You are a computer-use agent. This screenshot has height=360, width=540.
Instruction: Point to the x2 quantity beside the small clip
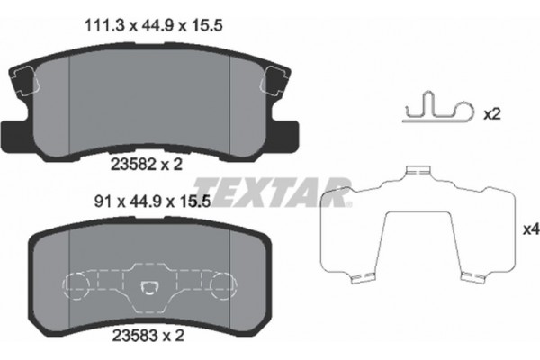pyautogui.click(x=491, y=115)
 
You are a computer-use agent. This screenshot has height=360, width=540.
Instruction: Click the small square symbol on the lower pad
pyautogui.click(x=150, y=288)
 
